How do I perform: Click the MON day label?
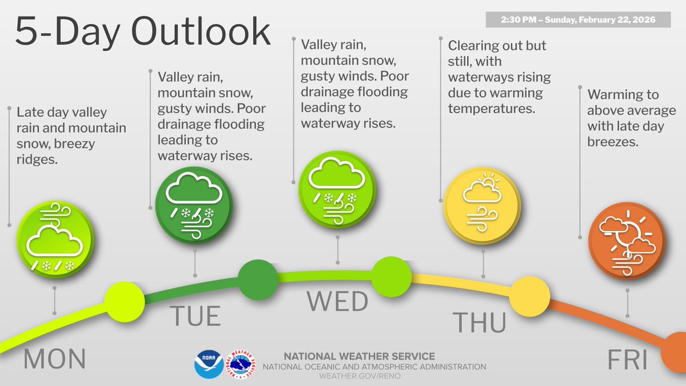pyautogui.click(x=55, y=359)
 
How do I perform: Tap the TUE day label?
pyautogui.click(x=195, y=316)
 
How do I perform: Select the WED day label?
pyautogui.click(x=337, y=301)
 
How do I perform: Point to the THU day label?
pyautogui.click(x=479, y=323)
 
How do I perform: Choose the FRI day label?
pyautogui.click(x=627, y=361)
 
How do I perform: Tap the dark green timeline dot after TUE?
pyautogui.click(x=258, y=280)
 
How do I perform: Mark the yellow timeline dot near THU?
pyautogui.click(x=529, y=297)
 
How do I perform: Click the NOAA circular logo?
pyautogui.click(x=209, y=365)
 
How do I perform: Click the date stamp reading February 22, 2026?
pyautogui.click(x=577, y=19)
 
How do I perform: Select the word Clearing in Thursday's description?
pyautogui.click(x=473, y=45)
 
